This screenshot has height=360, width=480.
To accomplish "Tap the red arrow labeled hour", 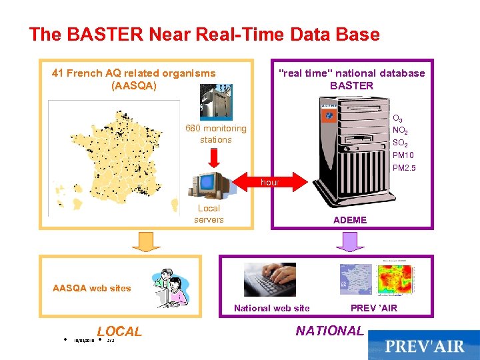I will click(270, 181).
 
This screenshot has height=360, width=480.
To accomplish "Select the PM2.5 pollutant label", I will click(403, 168).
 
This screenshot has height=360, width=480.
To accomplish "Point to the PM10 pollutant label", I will click(403, 155).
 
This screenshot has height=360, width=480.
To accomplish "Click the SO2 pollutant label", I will click(400, 143).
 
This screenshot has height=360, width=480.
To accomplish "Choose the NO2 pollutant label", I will click(400, 131).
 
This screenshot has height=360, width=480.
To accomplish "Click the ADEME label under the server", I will click(350, 219).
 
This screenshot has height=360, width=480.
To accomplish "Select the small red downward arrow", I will click(214, 157).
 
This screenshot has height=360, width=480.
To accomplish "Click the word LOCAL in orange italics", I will click(119, 331).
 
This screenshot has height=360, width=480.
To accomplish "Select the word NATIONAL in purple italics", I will click(329, 331).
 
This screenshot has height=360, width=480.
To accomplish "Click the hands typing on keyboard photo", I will click(269, 279).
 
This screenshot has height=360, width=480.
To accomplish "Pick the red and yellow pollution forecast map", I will click(395, 278).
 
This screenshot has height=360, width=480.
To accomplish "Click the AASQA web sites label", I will click(92, 288).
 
